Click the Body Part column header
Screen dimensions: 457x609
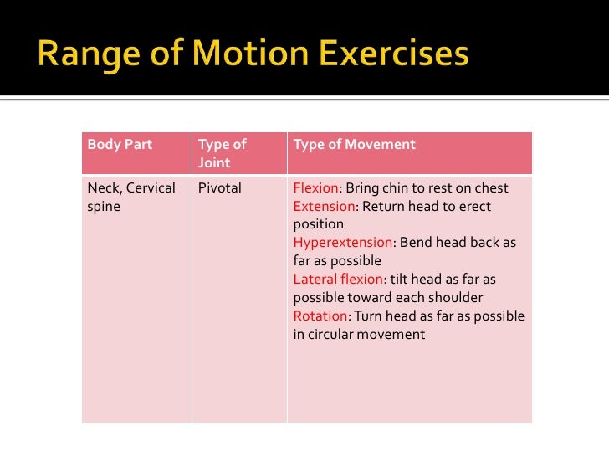pos(120,145)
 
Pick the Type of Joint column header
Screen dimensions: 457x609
pos(222,153)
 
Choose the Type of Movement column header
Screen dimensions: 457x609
pos(354,145)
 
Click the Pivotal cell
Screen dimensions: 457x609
pos(219,187)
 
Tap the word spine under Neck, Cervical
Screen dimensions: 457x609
pos(104,206)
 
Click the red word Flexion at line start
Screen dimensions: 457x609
pos(315,187)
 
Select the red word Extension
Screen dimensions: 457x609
pos(323,206)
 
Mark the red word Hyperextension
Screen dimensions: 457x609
pos(342,243)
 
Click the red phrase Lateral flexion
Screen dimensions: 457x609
pos(337,280)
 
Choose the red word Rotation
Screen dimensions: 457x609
pos(320,316)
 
